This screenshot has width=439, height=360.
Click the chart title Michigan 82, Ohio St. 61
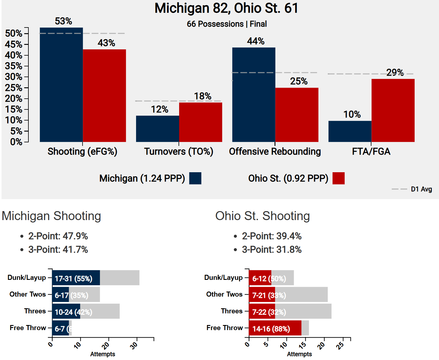coord(226,8)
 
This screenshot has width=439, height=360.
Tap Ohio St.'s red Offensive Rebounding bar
coord(297,115)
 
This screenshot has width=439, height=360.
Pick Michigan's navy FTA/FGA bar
coord(350,131)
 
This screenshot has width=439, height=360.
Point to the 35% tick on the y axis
coord(13,66)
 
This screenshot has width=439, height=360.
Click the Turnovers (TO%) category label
coord(179,152)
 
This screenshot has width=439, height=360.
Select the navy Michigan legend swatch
coord(195,178)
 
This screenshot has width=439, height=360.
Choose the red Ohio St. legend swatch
coord(339,178)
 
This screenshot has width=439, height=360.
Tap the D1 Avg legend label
coord(421,189)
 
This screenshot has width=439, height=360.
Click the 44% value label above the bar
coord(256,41)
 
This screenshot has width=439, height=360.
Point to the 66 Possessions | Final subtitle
coord(227,24)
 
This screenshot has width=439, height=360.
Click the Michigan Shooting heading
coord(51,216)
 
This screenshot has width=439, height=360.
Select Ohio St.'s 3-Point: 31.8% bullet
coord(272,250)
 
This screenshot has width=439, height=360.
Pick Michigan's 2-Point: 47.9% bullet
coord(58,236)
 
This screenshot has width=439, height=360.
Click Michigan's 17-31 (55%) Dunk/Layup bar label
coord(74,279)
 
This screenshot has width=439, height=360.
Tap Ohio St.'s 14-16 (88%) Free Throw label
coord(271,329)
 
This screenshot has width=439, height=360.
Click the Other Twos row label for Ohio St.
coord(224,295)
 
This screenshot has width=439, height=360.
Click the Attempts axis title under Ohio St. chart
coord(299,354)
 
